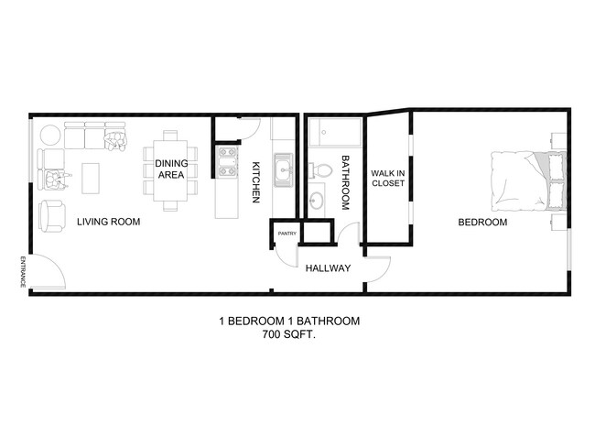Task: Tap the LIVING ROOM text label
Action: coord(109,222)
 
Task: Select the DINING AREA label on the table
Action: coord(171,169)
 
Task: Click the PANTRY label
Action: coord(286,234)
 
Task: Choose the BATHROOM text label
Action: coord(345,182)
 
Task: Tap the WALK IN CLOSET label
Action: coord(388,178)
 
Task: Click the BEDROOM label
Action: coord(481,222)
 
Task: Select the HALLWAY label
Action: coord(328,268)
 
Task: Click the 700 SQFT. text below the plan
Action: coord(289,336)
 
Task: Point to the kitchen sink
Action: coord(283,169)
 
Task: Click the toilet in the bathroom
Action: coord(320,170)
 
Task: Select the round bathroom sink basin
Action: coord(317,201)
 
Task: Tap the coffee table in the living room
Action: coord(91,178)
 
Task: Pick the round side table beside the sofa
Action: coord(50,136)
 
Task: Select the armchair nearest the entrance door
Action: coord(51,216)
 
